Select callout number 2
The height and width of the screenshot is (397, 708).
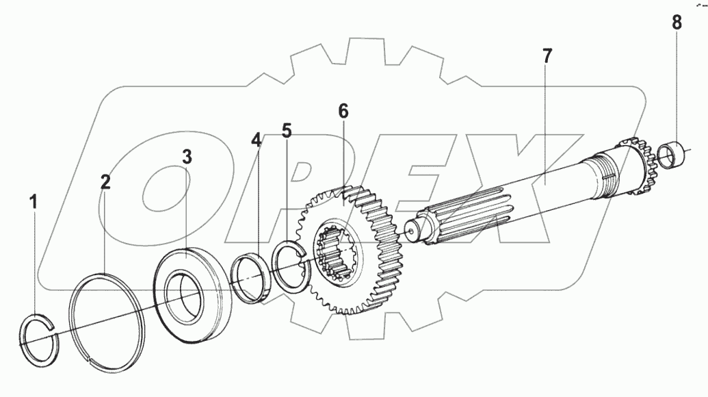105,182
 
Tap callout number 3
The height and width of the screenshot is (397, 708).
186,156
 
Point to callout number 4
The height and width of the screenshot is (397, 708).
256,141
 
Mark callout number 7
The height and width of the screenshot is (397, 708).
546,56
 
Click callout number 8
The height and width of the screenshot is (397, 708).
676,23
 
